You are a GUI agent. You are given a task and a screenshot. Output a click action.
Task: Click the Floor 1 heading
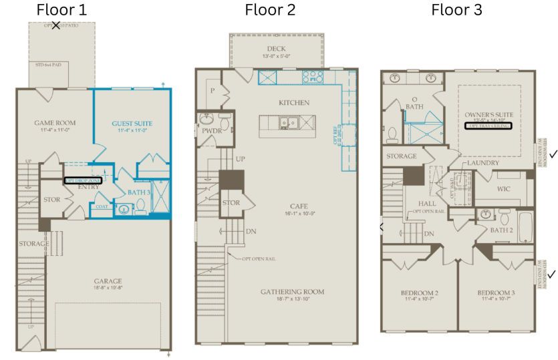[x=61, y=10]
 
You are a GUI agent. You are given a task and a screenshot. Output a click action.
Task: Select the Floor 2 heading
[x=270, y=10]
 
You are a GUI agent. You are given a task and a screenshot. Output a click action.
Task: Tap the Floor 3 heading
[x=456, y=10]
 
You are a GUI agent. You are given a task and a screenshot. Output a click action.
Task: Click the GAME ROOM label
[x=55, y=123]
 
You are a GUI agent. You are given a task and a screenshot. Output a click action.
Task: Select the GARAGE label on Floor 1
[x=108, y=281]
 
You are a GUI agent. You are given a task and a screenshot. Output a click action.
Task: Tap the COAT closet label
[x=102, y=206]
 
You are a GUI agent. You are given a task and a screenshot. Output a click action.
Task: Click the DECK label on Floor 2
[x=276, y=49]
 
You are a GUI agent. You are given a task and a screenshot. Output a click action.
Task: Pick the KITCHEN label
[x=294, y=103]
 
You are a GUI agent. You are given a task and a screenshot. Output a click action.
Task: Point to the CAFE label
[x=298, y=206]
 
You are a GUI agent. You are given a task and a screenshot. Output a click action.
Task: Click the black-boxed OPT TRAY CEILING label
[x=489, y=126]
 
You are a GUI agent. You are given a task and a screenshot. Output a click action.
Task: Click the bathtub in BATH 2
[x=525, y=226]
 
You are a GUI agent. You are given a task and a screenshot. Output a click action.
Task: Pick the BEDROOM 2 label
[x=419, y=293]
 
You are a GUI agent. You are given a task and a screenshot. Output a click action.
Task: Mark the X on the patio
[x=55, y=25]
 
